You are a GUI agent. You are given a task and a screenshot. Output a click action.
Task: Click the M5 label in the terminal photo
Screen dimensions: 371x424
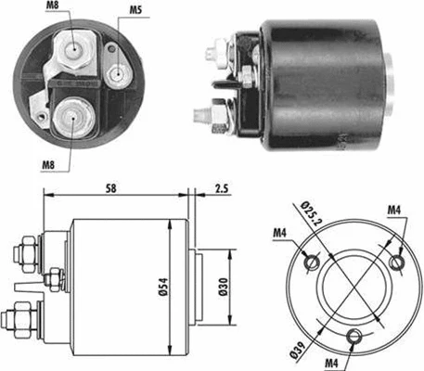click(x=135, y=12)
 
